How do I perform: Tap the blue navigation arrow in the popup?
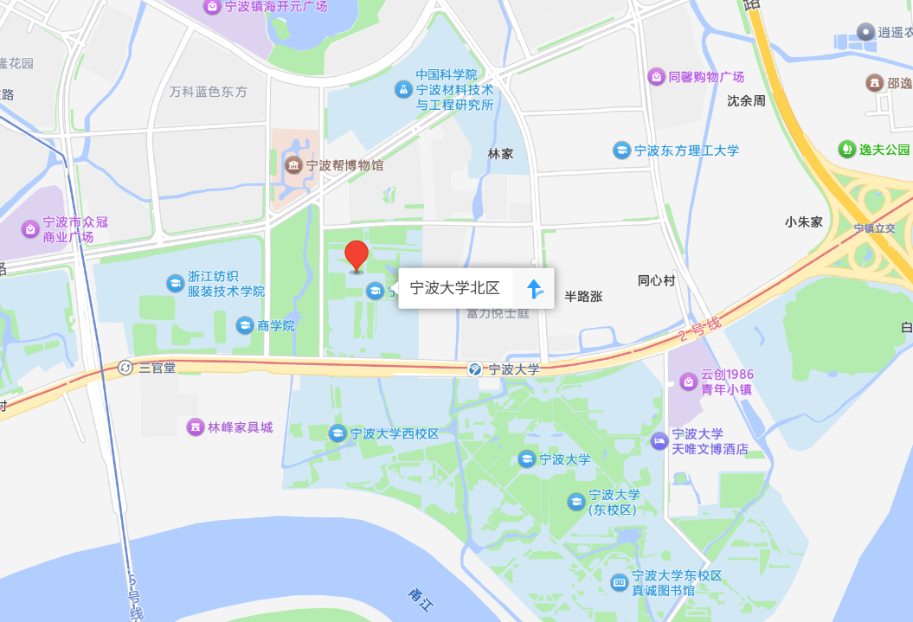pyautogui.click(x=536, y=289)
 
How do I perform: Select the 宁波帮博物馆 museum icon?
pyautogui.click(x=293, y=164)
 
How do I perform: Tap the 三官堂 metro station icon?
pyautogui.click(x=125, y=368)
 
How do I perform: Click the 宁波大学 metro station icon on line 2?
pyautogui.click(x=475, y=369)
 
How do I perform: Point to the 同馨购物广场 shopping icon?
pyautogui.click(x=656, y=77)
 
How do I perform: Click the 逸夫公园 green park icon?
pyautogui.click(x=846, y=149)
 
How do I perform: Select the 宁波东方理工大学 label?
pyautogui.click(x=686, y=151)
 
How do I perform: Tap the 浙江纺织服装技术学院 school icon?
pyautogui.click(x=175, y=283)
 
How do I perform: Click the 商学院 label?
pyautogui.click(x=276, y=325)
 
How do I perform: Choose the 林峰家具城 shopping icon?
pyautogui.click(x=195, y=427)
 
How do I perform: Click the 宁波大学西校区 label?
pyautogui.click(x=395, y=433)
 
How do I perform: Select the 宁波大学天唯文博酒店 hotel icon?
pyautogui.click(x=659, y=441)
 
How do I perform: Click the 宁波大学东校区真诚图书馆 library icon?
pyautogui.click(x=619, y=582)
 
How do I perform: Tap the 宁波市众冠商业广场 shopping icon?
pyautogui.click(x=30, y=229)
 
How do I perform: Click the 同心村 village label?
pyautogui.click(x=656, y=280)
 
